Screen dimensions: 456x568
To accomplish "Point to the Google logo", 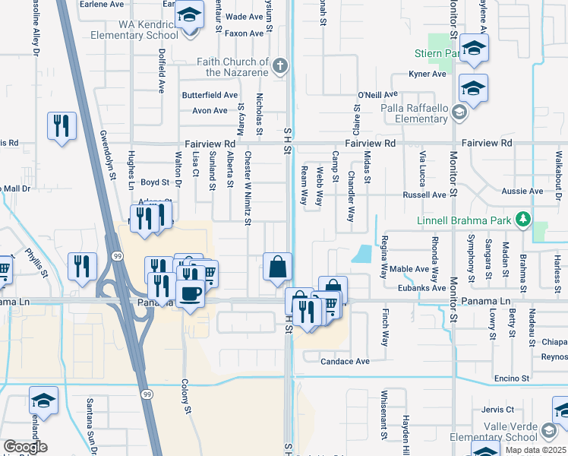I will coord(25,446).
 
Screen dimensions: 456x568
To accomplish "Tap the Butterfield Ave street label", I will coord(210,95).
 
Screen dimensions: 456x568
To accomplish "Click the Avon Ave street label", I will coord(210,110).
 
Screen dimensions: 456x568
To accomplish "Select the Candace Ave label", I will coord(345,361).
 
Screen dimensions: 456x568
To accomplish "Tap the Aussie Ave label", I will coord(525,191).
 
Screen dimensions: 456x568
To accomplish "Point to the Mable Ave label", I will coord(410,269).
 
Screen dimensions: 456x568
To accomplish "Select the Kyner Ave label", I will coord(428,74).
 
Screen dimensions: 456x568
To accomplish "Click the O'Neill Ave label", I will coord(378,95).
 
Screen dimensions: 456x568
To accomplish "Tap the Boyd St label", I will coord(154,182).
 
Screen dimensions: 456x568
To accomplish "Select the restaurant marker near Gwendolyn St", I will coord(62,125).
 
